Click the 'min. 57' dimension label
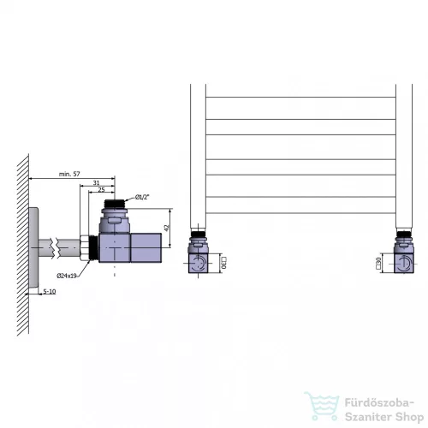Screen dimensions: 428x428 coord(69,174)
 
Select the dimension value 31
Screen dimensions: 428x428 coord(96,182)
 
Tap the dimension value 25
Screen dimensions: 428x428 coord(101,190)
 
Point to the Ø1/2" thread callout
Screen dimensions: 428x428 coord(142,197)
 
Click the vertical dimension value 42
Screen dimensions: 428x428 coord(167,228)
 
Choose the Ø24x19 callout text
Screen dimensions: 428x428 coord(67,276)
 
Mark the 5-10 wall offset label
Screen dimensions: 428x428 coord(50,291)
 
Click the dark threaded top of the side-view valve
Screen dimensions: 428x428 coord(115,204)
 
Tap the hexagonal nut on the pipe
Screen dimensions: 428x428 coord(85,247)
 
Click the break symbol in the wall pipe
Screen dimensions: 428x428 coord(56,248)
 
